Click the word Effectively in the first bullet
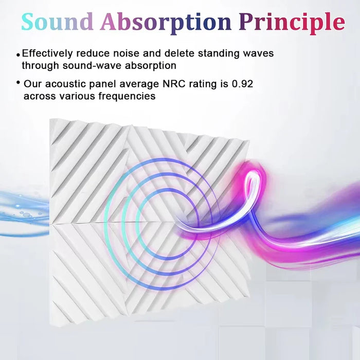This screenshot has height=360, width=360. point(51,53)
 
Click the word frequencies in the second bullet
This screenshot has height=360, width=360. point(129,96)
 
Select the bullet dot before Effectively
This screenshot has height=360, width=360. point(19,54)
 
